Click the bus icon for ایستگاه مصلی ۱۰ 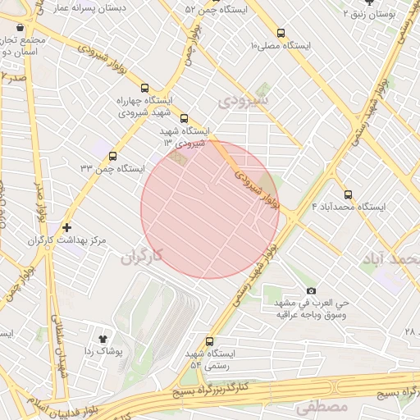pos(281,34)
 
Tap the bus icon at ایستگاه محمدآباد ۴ pos(348,195)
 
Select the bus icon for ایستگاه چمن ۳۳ pos(112,156)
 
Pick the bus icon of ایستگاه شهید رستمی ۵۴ pos(209,341)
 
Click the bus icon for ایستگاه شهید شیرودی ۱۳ pos(183,119)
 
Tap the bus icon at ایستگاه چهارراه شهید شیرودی pos(145,89)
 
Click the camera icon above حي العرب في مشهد pos(310,291)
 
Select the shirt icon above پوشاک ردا pos(103,338)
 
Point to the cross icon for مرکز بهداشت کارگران pos(66,227)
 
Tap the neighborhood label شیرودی pos(245,100)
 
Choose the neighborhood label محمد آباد pos(389,260)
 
